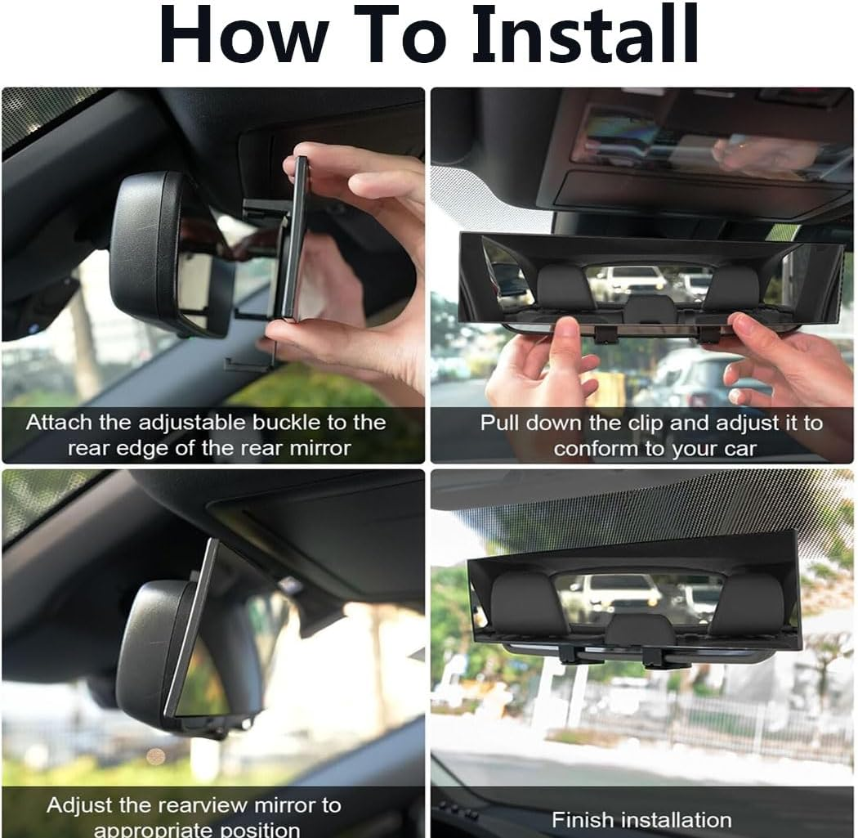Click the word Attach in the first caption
(x=61, y=423)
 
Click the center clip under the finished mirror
(x=654, y=654)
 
